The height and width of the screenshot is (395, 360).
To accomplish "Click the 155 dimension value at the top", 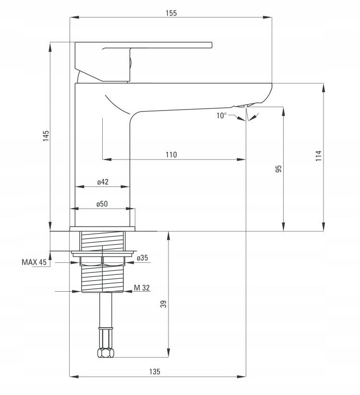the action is pos(171,13).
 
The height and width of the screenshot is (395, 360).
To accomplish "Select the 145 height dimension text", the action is pos(46,136).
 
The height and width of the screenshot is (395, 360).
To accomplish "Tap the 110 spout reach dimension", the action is pos(171,155).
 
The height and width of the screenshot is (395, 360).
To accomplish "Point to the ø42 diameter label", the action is pos(103,182).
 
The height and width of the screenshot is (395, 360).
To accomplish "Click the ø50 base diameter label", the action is pos(102,204).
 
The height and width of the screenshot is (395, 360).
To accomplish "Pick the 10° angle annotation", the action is pos(222,116).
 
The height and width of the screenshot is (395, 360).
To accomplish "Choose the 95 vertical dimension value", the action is pos(278,169).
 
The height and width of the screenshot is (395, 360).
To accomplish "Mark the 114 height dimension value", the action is pos(319,156).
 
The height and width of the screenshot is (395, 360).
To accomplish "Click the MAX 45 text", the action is pos(34,262).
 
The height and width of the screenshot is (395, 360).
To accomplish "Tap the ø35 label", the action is pos(143,258).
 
